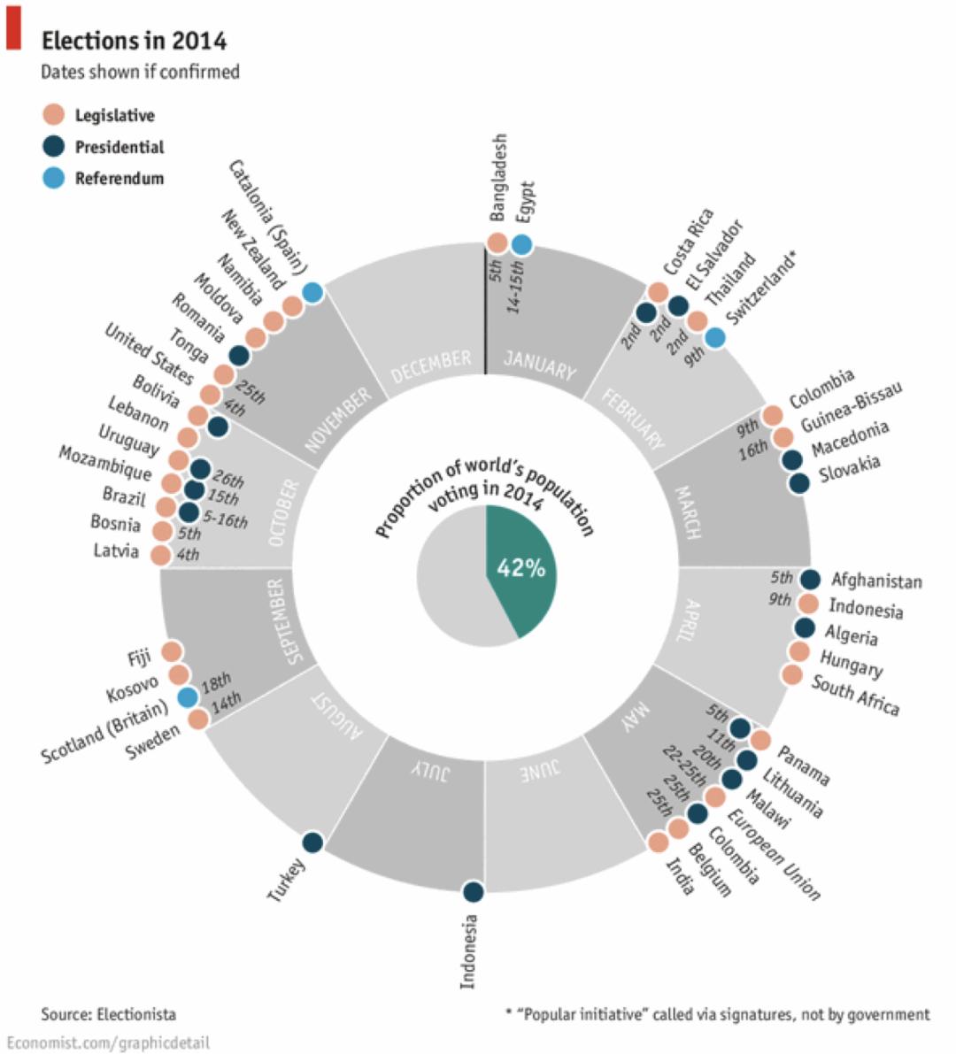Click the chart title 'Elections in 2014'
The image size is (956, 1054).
(134, 41)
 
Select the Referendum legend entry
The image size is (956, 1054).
(119, 178)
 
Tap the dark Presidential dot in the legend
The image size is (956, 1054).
(53, 146)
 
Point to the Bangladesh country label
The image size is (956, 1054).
(498, 177)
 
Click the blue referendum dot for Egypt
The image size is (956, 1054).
(521, 243)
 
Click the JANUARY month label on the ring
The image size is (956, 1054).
(540, 364)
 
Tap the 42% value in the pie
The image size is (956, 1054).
(521, 568)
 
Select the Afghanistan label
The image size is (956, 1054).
(875, 581)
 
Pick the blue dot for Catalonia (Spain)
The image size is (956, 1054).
(312, 292)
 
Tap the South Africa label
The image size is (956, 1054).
(855, 695)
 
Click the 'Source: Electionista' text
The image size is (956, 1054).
(108, 1013)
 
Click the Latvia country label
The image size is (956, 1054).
(116, 551)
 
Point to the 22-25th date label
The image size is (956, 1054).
(684, 766)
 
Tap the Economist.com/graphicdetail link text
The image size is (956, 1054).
(108, 1042)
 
